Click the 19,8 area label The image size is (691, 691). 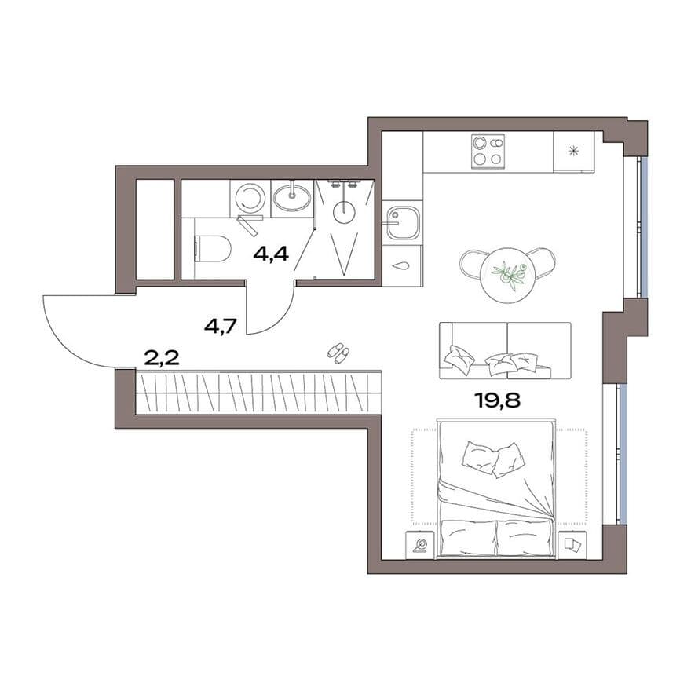coord(498,400)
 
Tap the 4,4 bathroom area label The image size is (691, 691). coord(271,254)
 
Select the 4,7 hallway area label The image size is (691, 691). coord(221,327)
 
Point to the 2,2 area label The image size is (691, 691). coord(162,358)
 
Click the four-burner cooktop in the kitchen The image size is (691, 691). coord(488,151)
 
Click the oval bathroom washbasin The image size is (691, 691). coord(291,198)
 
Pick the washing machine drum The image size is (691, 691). coord(248,198)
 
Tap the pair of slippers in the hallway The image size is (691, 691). coord(338,353)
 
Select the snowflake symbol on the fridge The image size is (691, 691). coord(573,151)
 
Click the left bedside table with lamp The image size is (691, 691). coord(420,545)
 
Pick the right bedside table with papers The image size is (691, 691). coord(572,545)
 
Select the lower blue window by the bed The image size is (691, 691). coord(623,453)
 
